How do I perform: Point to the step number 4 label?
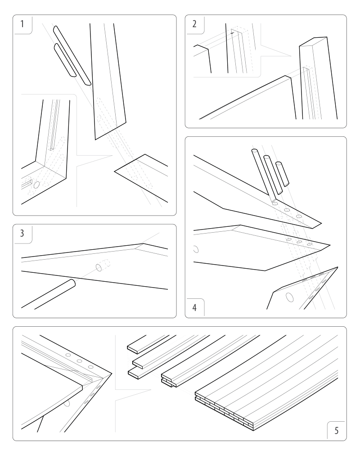[194, 309]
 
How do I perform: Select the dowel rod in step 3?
[49, 295]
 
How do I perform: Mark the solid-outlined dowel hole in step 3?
[99, 267]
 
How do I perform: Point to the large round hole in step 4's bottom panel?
[288, 296]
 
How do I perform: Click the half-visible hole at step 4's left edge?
[195, 249]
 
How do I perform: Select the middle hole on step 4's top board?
[286, 210]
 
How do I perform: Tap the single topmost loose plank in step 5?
[148, 342]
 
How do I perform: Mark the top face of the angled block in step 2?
[314, 41]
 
